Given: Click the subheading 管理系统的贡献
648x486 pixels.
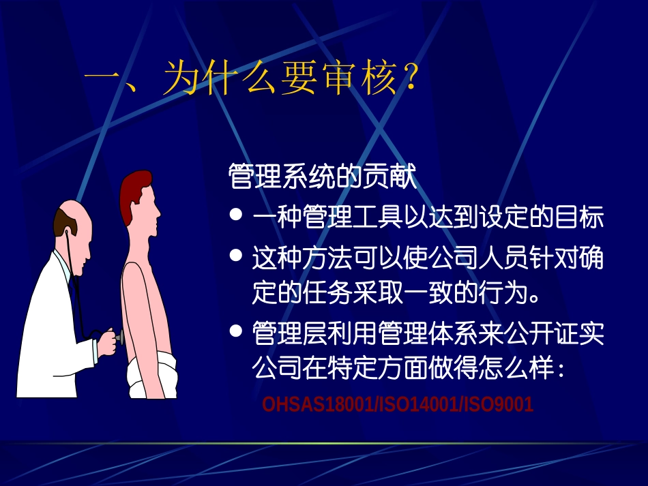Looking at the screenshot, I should point(322,177).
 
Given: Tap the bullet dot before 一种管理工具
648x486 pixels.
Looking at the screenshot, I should point(237,215).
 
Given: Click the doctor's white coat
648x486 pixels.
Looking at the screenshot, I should point(51,327).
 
